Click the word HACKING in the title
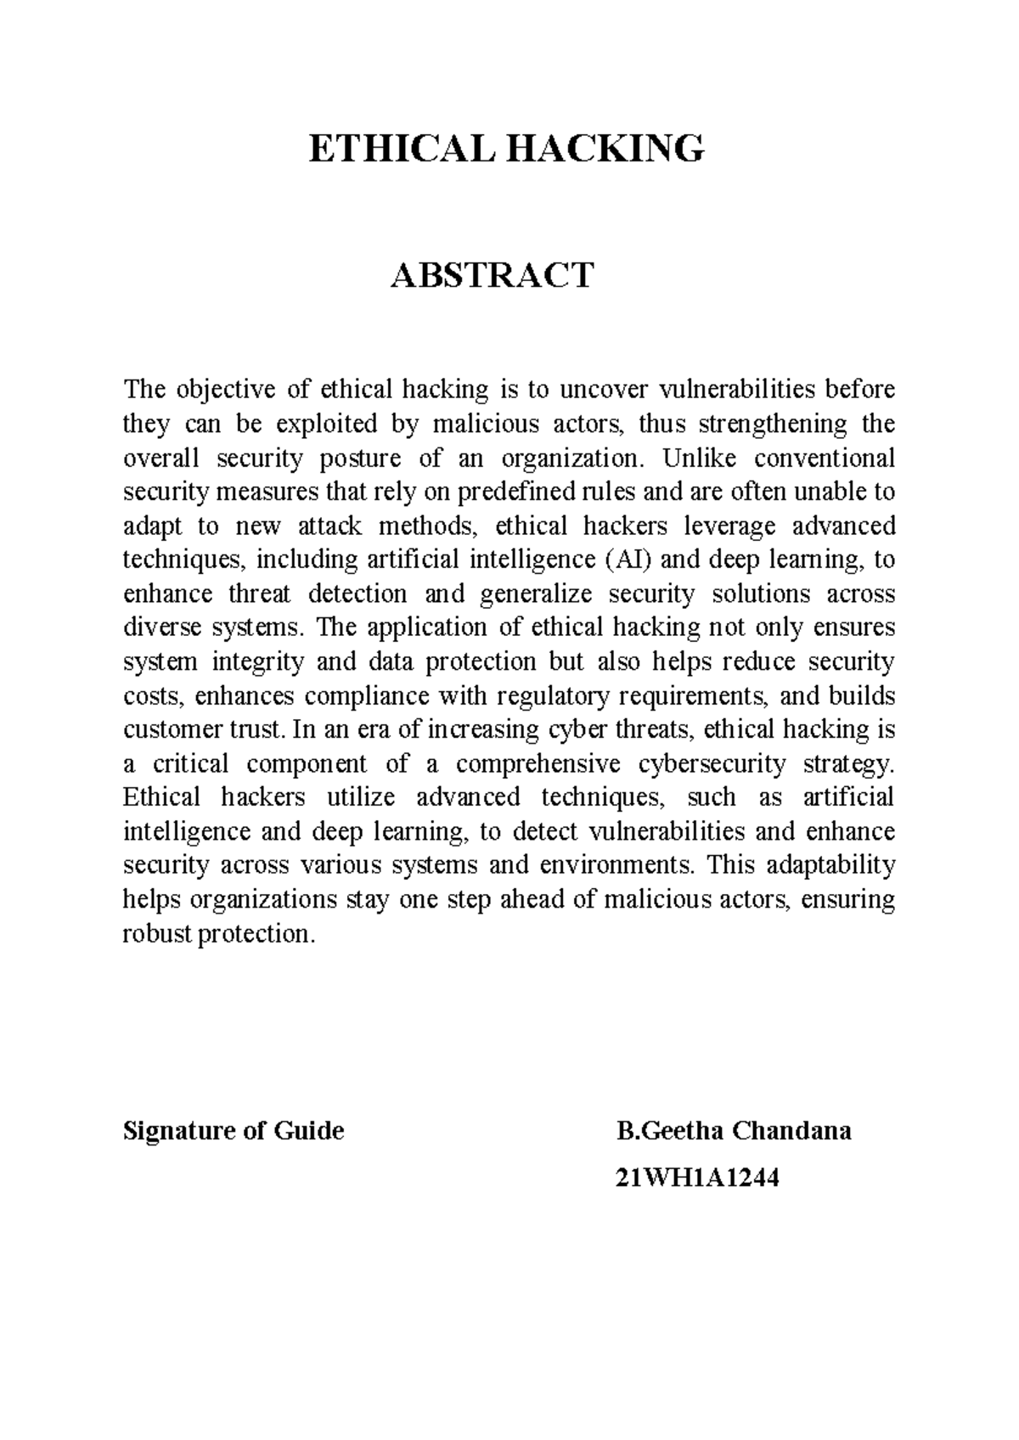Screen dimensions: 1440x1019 point(606,149)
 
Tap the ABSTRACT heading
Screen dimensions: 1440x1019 point(492,275)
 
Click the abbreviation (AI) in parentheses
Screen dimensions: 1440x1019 point(628,560)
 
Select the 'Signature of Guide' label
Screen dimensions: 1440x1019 point(234,1131)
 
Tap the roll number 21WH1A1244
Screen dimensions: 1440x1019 point(698,1178)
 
